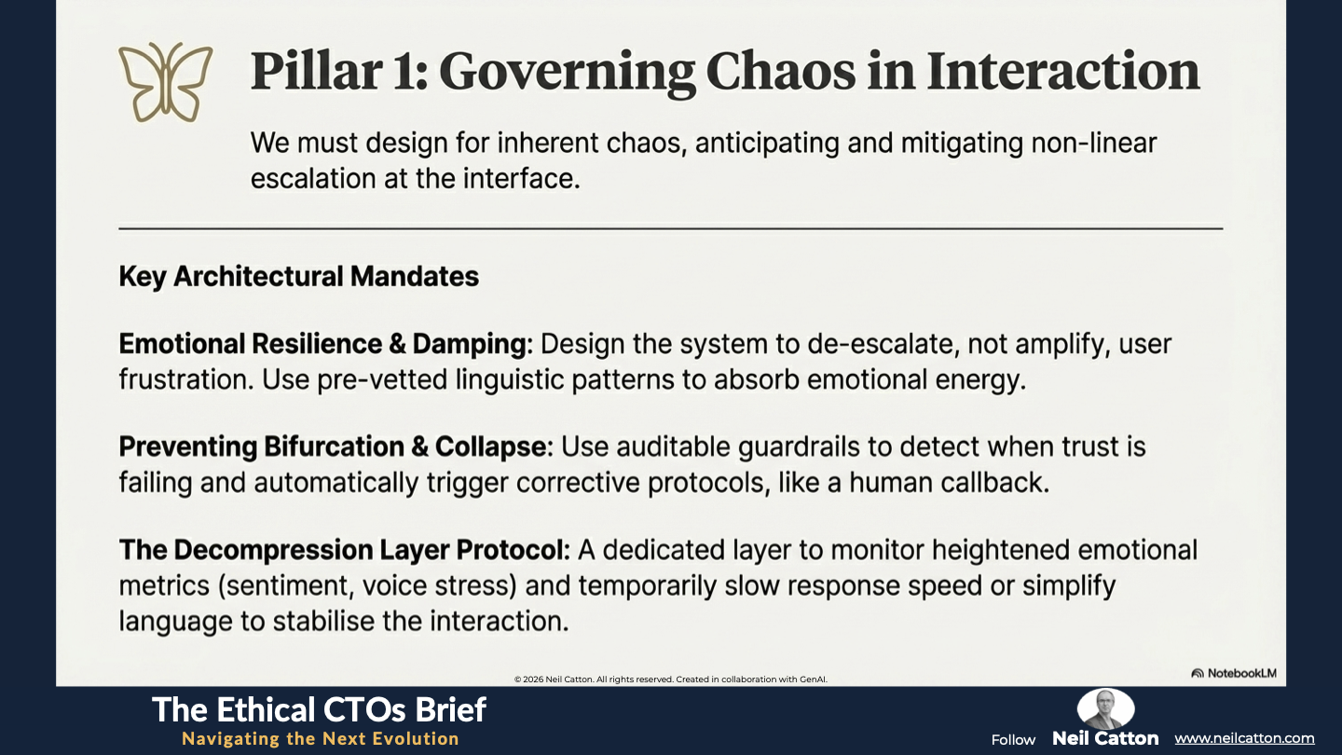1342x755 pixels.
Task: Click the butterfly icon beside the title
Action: point(165,82)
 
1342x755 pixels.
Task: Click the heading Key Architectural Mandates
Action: point(299,277)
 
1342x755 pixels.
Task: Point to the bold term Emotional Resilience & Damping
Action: point(325,344)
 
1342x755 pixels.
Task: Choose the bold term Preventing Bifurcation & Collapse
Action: point(335,447)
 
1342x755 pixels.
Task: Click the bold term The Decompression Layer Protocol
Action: point(345,550)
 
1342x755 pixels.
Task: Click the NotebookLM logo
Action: point(1234,673)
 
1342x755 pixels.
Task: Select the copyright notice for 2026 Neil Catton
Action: point(670,679)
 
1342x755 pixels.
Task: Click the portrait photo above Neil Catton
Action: point(1105,708)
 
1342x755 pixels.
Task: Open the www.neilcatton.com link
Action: point(1244,739)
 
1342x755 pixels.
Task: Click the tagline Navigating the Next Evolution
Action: point(321,739)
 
